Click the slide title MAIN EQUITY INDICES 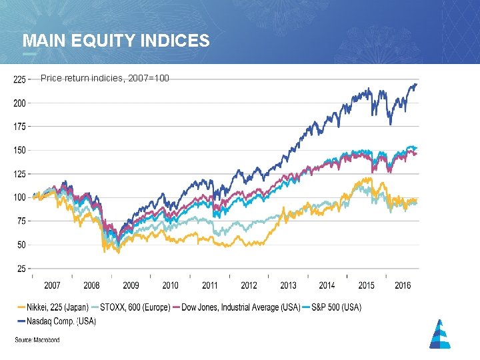(x=116, y=41)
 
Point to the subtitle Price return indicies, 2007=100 (x=105, y=79)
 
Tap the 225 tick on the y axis (x=19, y=79)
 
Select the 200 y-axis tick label (x=19, y=103)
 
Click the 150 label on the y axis (x=19, y=151)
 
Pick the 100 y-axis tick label (x=19, y=197)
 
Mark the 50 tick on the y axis (x=21, y=245)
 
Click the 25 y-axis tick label (x=21, y=269)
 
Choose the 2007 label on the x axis (x=52, y=285)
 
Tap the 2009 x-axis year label (x=131, y=285)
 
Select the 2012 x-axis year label (x=249, y=285)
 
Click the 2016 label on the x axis (x=403, y=285)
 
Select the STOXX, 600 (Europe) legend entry (x=134, y=307)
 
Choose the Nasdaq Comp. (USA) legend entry (x=59, y=321)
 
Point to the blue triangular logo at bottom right (x=439, y=334)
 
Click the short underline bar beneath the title (x=30, y=53)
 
